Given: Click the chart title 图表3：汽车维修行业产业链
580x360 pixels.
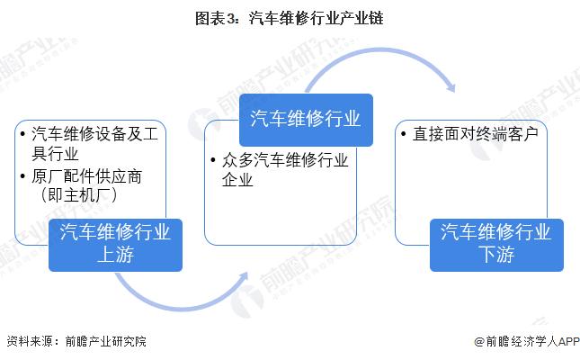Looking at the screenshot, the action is pos(290,18).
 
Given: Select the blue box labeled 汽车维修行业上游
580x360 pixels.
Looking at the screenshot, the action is pos(115,245).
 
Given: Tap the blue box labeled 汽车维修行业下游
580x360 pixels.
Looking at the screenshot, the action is pos(496,245).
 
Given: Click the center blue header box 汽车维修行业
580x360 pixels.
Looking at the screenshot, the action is pos(306,120).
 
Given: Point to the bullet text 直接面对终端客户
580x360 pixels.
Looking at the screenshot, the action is pos(476,134).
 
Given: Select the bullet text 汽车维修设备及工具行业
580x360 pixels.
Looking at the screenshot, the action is pos(94,143).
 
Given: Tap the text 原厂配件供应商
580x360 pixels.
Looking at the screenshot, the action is pos(86,176).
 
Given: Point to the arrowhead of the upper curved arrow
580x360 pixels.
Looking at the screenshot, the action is pos(451,87).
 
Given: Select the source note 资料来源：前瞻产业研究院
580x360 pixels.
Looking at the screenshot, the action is pos(76,341).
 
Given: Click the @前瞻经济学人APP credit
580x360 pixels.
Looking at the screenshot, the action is pos(527,341).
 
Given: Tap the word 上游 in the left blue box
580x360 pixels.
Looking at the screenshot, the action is pos(115,256).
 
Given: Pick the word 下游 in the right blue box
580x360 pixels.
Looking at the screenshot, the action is pos(496,256).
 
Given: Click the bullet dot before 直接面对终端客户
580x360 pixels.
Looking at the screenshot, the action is pos(404,134).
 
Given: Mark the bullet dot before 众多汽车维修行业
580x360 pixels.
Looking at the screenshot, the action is pos(213,160).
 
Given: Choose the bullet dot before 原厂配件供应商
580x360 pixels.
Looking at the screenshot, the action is pos(23,176).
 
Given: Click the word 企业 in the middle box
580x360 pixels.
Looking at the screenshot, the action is pos(237,180).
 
